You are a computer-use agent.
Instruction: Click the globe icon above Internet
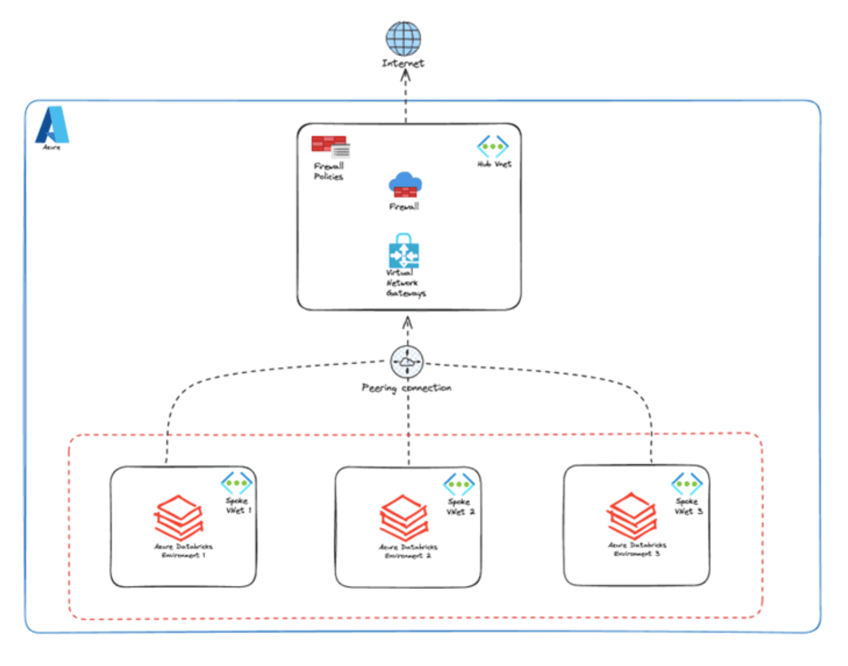point(403,38)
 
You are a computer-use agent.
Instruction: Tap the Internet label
point(403,63)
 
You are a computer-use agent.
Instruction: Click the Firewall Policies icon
point(330,146)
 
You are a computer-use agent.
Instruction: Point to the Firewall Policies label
point(329,172)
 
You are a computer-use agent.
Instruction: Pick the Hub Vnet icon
point(493,146)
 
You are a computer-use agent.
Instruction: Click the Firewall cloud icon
point(405,185)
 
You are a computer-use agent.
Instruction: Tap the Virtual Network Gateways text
point(405,283)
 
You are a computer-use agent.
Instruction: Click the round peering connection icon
point(407,362)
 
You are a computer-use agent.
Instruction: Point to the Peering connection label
point(406,388)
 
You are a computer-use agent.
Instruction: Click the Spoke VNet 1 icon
point(237,483)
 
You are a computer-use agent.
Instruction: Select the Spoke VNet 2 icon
point(459,484)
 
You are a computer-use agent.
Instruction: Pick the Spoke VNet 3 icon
point(687,483)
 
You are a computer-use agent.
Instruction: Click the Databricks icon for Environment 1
point(179,517)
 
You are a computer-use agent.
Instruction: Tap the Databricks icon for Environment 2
point(404,518)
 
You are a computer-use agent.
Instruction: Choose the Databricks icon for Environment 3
point(632,516)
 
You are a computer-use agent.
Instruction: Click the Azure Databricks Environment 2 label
point(408,551)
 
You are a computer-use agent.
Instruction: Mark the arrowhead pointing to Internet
point(405,76)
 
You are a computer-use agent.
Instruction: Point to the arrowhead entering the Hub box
point(407,322)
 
